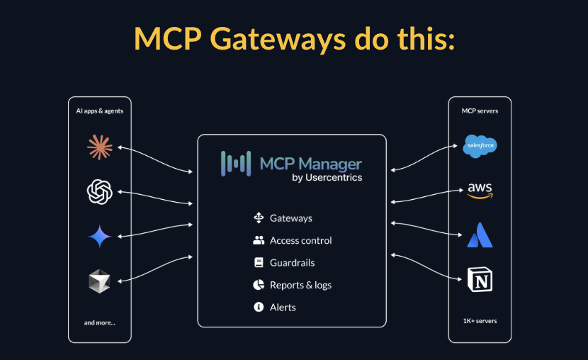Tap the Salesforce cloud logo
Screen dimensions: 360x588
[480, 146]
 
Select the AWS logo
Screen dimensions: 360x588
[480, 191]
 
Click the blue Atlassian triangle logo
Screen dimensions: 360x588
[480, 235]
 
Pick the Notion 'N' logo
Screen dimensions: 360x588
[480, 279]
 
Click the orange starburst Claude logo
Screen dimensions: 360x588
[99, 147]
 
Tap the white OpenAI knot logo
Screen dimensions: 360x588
[99, 191]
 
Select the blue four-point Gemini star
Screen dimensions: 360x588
[99, 237]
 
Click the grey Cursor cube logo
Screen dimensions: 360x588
[99, 281]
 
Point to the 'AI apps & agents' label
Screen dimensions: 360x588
[99, 111]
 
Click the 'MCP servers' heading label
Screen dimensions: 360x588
[480, 111]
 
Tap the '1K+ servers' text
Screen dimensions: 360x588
[480, 321]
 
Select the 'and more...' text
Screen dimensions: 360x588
[99, 322]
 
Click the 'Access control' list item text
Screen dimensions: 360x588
[300, 241]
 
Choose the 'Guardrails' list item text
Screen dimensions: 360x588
[292, 263]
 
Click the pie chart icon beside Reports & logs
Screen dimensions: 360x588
[259, 285]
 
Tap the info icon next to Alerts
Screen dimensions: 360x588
[259, 307]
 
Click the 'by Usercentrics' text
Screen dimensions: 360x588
[327, 178]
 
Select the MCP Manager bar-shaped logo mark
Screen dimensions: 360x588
[236, 163]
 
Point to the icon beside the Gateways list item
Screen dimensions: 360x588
[259, 218]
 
